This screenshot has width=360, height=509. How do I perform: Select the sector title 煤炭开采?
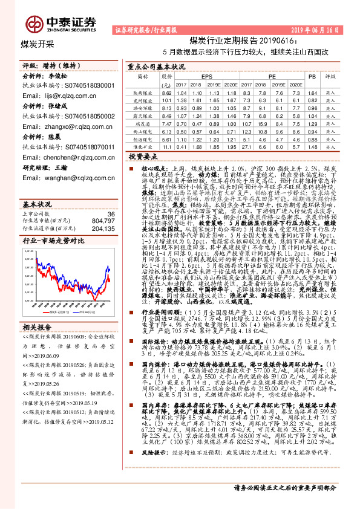(x=38, y=44)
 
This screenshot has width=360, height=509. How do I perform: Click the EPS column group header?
(x=207, y=77)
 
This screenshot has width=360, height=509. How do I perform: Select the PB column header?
(x=312, y=77)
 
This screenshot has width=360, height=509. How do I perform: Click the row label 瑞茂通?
(x=143, y=122)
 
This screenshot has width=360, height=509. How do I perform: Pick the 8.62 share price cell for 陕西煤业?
(x=166, y=92)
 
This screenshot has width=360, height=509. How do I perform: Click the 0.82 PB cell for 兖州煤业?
(x=312, y=100)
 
